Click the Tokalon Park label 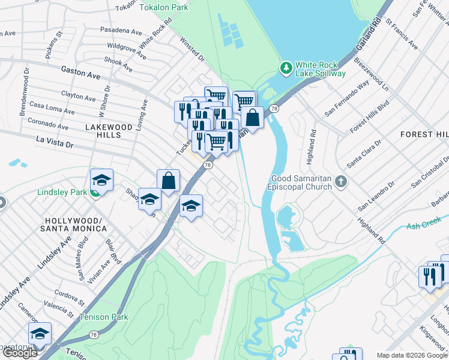coord(163,7)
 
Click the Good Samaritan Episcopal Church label coord(301,182)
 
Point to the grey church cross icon coord(341,181)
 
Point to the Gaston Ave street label coord(80,72)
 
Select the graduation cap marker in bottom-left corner coord(40,334)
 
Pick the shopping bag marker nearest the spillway coord(253,118)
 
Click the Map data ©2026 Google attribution coord(412,355)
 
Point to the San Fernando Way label coord(346,100)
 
